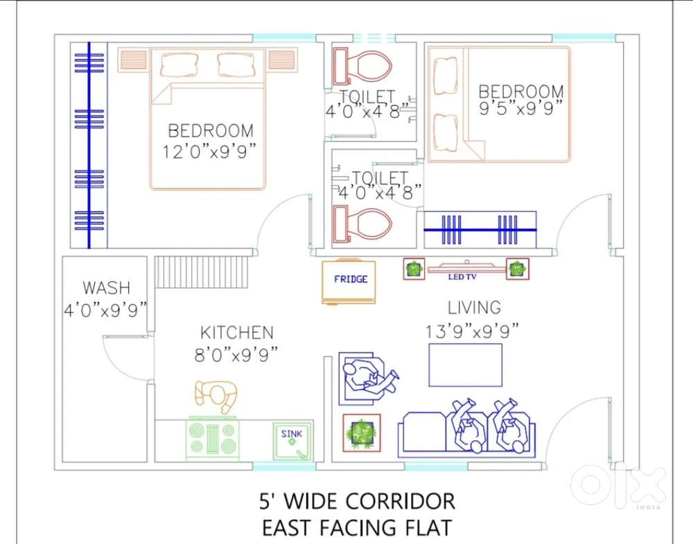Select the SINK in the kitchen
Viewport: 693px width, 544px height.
pyautogui.click(x=292, y=441)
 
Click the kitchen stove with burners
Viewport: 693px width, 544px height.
pyautogui.click(x=213, y=438)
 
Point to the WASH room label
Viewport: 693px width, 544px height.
pyautogui.click(x=106, y=288)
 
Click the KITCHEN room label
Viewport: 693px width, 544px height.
pyautogui.click(x=237, y=333)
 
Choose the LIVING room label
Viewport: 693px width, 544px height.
pyautogui.click(x=474, y=307)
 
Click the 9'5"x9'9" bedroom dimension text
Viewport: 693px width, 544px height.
pyautogui.click(x=520, y=109)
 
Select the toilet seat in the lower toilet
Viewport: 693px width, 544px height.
pyautogui.click(x=362, y=225)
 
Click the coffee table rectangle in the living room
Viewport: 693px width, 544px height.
pyautogui.click(x=465, y=365)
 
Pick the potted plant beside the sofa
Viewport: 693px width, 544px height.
pyautogui.click(x=362, y=433)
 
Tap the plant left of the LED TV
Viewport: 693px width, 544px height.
pyautogui.click(x=414, y=269)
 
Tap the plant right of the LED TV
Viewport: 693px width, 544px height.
pyautogui.click(x=517, y=269)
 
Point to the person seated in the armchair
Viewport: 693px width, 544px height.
pyautogui.click(x=367, y=376)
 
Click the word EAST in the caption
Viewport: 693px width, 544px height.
pyautogui.click(x=288, y=527)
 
